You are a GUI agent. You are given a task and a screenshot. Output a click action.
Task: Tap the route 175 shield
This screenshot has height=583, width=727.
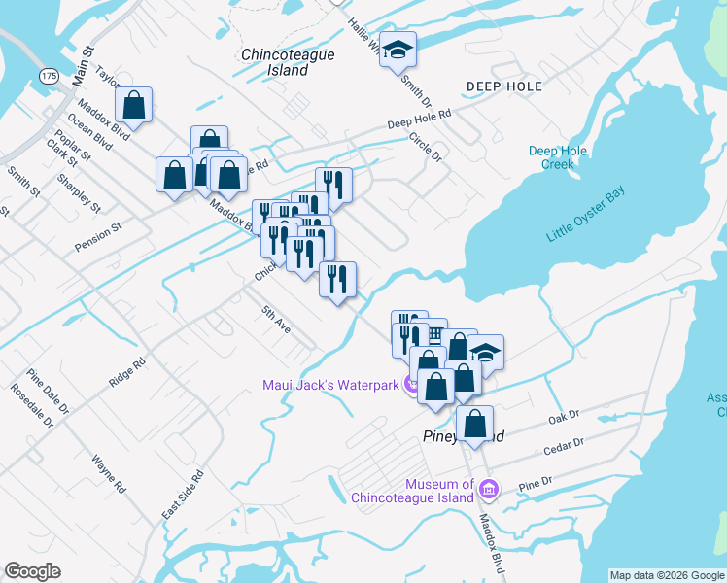pyautogui.click(x=49, y=75)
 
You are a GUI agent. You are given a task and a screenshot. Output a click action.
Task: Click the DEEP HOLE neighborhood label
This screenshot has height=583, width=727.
pyautogui.click(x=503, y=86)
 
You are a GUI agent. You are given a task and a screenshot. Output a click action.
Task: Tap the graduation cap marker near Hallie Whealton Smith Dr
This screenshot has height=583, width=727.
pyautogui.click(x=397, y=51)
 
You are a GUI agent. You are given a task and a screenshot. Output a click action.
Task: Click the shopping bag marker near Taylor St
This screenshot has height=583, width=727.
pyautogui.click(x=134, y=106)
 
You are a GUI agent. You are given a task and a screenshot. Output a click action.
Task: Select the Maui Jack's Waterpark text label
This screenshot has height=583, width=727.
pyautogui.click(x=330, y=385)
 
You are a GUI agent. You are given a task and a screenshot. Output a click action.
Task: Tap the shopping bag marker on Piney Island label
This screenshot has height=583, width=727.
pyautogui.click(x=473, y=425)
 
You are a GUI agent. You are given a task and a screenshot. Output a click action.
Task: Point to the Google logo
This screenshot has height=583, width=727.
pyautogui.click(x=32, y=571)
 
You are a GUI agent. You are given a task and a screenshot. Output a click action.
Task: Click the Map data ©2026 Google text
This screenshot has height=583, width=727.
pyautogui.click(x=666, y=575)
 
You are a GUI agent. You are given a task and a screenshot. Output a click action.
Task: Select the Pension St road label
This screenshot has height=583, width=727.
pyautogui.click(x=97, y=238)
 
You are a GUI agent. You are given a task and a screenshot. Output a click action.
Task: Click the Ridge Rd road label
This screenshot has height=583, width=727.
pyautogui.click(x=126, y=371)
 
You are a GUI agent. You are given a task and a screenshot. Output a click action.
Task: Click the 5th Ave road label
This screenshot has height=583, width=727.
pyautogui.click(x=275, y=321)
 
